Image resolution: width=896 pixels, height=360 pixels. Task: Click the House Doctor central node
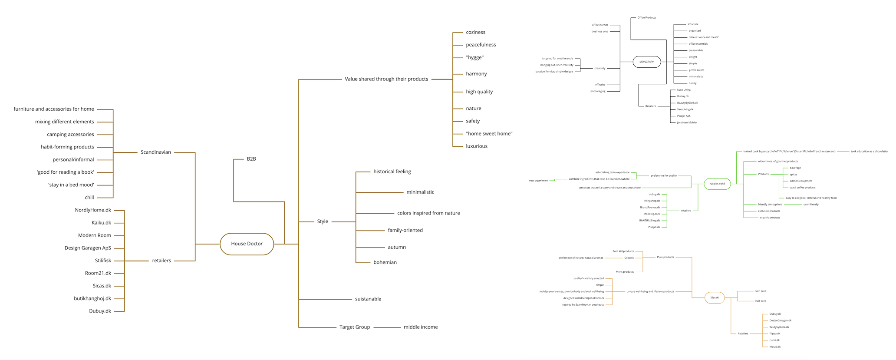(x=247, y=244)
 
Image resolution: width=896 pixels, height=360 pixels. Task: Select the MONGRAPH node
(x=646, y=62)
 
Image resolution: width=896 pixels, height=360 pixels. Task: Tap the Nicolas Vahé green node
(x=717, y=184)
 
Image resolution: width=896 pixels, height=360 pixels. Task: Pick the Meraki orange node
(x=715, y=297)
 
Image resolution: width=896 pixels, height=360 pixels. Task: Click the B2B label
(x=251, y=159)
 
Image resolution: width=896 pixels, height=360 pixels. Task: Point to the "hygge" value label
(x=474, y=57)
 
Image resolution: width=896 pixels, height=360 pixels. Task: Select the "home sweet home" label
(x=489, y=134)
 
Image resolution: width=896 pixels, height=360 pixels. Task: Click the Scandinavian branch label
(x=155, y=152)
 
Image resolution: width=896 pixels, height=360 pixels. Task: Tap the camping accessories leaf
(x=70, y=135)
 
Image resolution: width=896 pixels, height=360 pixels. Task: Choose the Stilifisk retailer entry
(x=103, y=261)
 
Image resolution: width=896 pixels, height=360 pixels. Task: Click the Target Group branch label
(x=355, y=327)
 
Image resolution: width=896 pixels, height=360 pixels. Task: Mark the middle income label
(x=420, y=327)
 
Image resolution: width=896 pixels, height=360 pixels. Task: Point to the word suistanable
(x=368, y=299)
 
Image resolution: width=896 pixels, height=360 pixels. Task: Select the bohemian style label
(x=385, y=262)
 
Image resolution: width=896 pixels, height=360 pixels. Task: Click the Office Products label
(x=646, y=18)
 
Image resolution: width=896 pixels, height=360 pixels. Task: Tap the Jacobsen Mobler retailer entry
(x=687, y=122)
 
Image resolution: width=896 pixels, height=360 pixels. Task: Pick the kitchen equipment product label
(x=800, y=181)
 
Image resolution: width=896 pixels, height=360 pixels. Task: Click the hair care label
(x=760, y=301)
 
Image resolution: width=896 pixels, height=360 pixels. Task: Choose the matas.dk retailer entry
(x=774, y=347)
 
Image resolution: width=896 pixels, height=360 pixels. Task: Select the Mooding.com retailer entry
(x=651, y=214)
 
